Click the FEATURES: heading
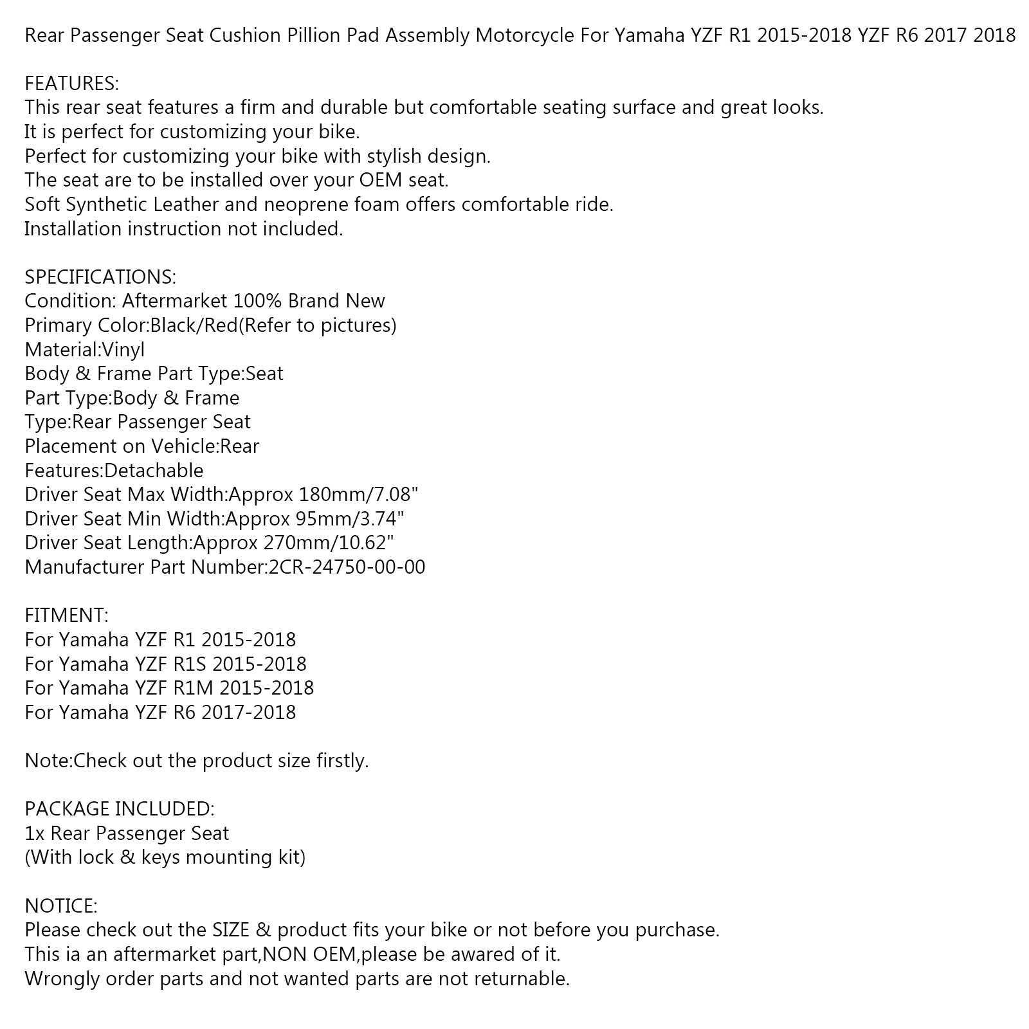71,83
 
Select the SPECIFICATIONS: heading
100,277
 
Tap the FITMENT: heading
66,615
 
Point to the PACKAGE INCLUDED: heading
119,808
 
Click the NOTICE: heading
60,906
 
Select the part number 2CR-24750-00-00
346,567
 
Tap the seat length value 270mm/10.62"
328,543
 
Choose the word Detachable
154,471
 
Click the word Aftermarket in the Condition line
174,301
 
